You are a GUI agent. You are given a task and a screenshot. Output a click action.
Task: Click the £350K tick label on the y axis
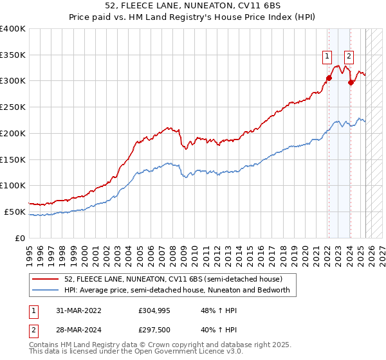[13, 55]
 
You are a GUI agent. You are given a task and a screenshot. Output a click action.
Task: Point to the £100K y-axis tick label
[13, 185]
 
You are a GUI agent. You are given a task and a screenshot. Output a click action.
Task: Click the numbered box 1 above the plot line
[327, 55]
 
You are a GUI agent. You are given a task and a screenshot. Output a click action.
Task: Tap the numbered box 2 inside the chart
[349, 55]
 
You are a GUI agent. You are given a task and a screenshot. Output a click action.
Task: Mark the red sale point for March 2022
[329, 78]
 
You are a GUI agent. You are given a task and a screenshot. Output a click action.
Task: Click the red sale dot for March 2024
[351, 82]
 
